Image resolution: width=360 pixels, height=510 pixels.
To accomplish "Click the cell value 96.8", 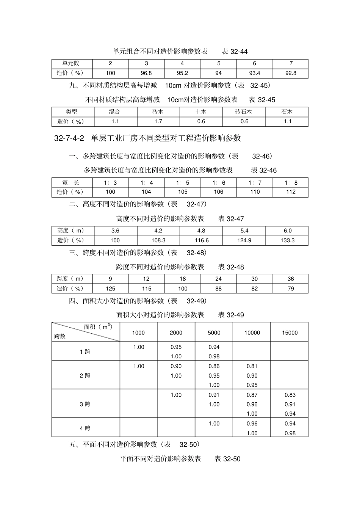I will click(x=146, y=73).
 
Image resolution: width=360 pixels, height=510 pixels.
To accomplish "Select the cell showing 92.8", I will click(x=291, y=73).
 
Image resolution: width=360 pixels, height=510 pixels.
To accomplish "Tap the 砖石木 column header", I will click(x=244, y=112).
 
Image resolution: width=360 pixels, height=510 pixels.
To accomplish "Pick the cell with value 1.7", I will click(x=158, y=121).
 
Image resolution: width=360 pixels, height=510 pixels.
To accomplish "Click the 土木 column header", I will click(x=201, y=112).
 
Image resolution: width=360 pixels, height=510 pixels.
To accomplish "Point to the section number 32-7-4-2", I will click(x=69, y=138).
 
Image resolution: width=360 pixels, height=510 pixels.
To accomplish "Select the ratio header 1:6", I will click(x=219, y=182).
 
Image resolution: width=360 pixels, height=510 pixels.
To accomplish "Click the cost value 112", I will click(x=291, y=192).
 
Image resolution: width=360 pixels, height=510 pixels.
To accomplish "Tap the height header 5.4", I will click(x=244, y=231).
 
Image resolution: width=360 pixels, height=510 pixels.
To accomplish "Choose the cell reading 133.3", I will click(x=288, y=240).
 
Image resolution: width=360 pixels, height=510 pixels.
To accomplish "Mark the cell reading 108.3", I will click(x=158, y=240).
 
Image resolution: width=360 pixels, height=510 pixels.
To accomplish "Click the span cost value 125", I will click(x=110, y=289).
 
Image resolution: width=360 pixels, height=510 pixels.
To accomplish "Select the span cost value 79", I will click(x=291, y=289).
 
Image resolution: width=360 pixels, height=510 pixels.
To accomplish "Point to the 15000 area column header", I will click(x=290, y=333).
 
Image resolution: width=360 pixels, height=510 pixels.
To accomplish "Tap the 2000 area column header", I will click(x=176, y=333).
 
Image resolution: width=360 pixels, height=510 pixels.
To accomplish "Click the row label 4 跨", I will click(x=85, y=428).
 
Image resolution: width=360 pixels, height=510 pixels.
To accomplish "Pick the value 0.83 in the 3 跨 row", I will click(x=290, y=395).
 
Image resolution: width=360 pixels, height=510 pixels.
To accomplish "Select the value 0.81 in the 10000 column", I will click(x=252, y=366).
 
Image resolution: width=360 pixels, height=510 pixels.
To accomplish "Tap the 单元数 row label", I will click(x=71, y=63).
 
